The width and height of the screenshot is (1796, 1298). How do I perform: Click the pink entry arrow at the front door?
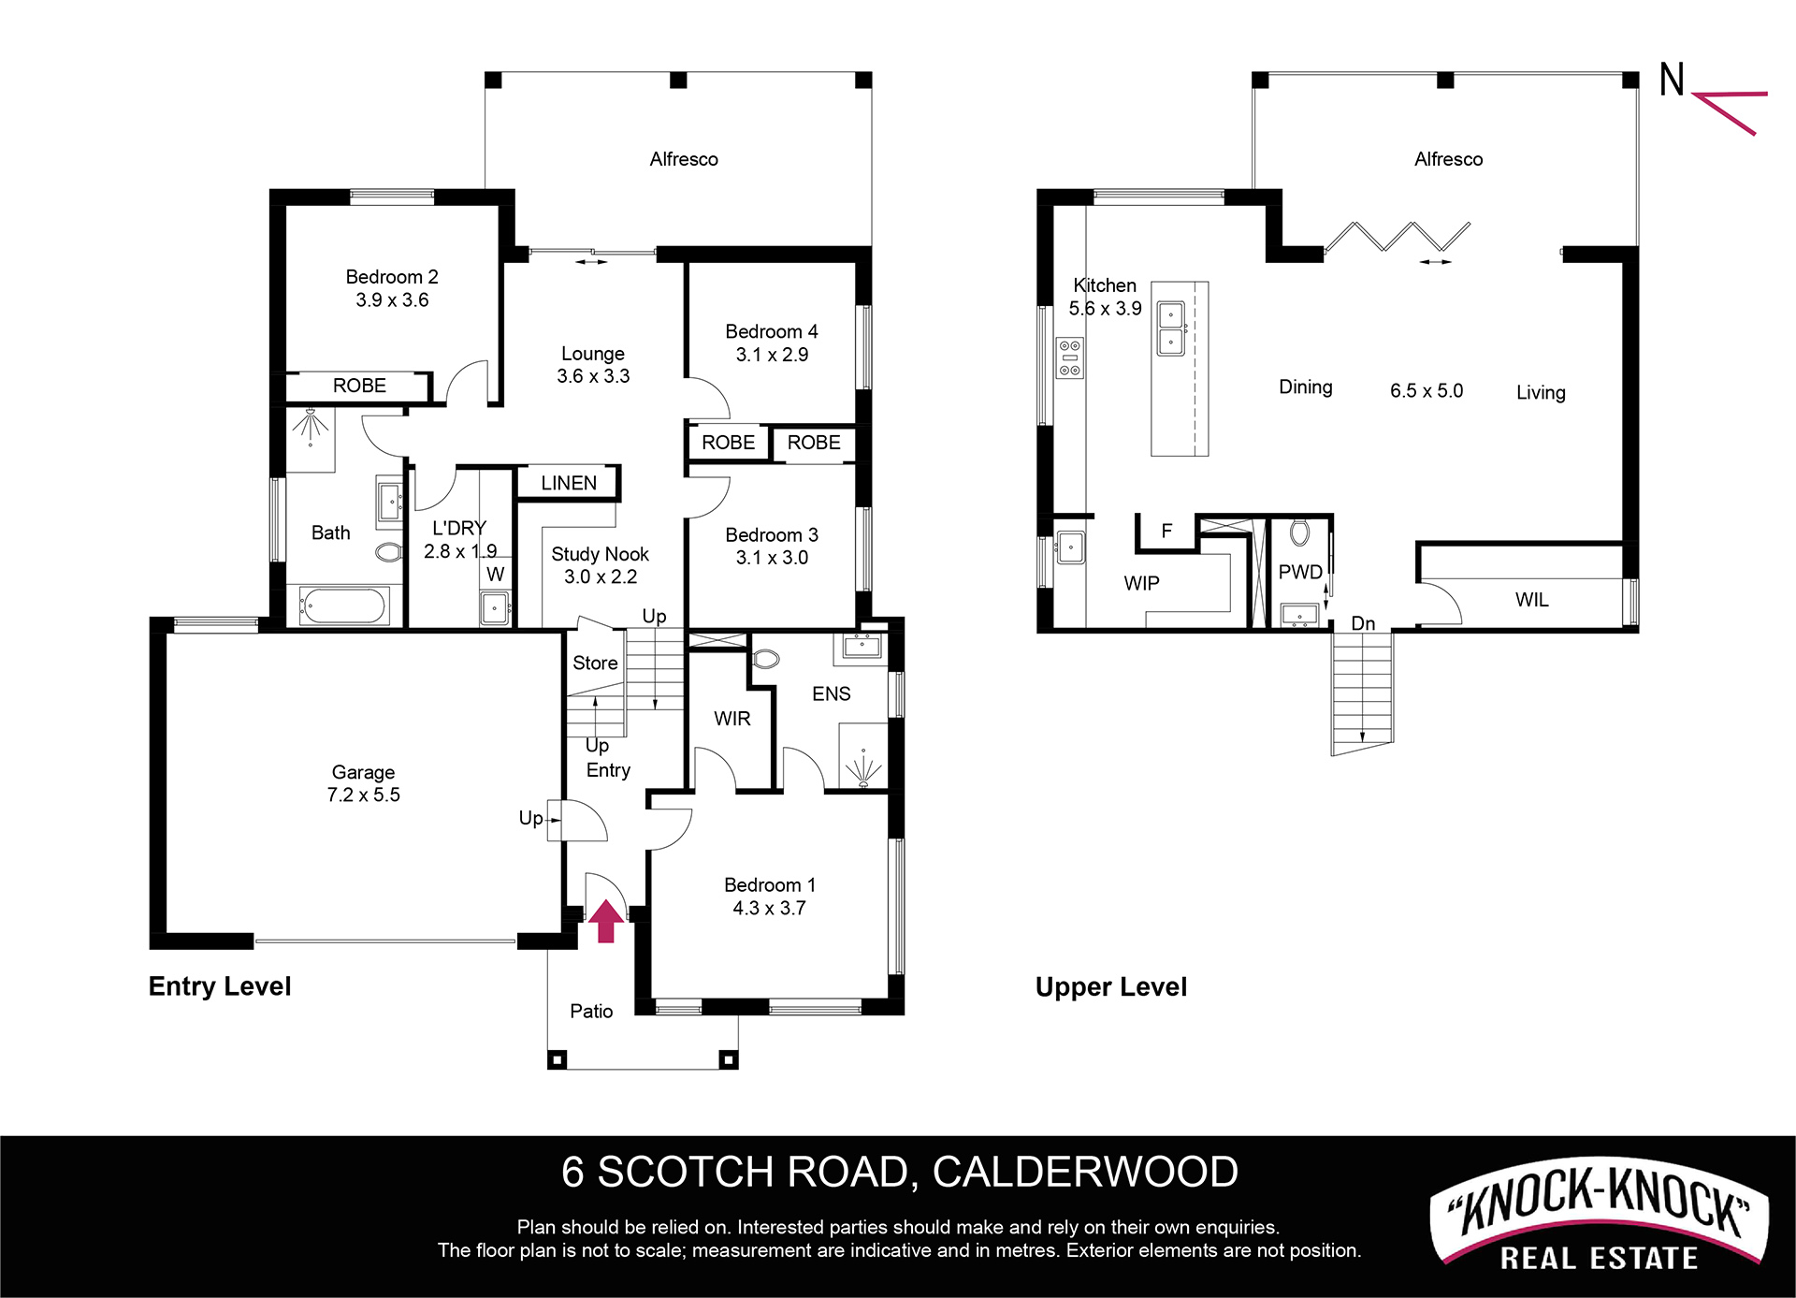(606, 920)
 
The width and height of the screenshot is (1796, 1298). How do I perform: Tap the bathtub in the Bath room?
(343, 605)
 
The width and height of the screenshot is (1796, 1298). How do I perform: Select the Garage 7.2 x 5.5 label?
(363, 783)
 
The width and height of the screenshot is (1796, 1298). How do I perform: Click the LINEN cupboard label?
(569, 483)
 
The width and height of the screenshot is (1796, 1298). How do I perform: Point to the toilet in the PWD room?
(1299, 532)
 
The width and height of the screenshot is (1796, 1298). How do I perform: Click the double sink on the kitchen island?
(1171, 328)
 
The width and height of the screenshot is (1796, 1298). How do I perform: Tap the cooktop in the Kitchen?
(1069, 358)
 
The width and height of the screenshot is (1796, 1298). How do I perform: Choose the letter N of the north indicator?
(1672, 80)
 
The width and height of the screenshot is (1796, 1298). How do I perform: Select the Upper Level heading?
(1111, 987)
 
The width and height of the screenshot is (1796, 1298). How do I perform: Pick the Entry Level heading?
(220, 986)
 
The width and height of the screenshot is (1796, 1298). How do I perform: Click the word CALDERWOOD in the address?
(1085, 1173)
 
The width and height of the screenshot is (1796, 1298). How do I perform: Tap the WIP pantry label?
(1141, 583)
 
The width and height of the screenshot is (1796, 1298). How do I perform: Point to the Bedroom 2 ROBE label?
(359, 386)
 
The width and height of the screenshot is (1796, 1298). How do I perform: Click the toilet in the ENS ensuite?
(765, 659)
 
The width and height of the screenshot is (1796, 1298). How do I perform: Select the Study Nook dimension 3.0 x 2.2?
(601, 576)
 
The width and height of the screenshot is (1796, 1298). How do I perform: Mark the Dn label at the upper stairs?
(1363, 623)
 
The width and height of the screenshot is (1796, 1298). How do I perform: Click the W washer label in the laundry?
(496, 574)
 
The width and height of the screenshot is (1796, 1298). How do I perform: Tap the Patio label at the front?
(591, 1011)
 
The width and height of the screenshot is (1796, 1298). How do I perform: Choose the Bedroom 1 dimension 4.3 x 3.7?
(769, 908)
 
